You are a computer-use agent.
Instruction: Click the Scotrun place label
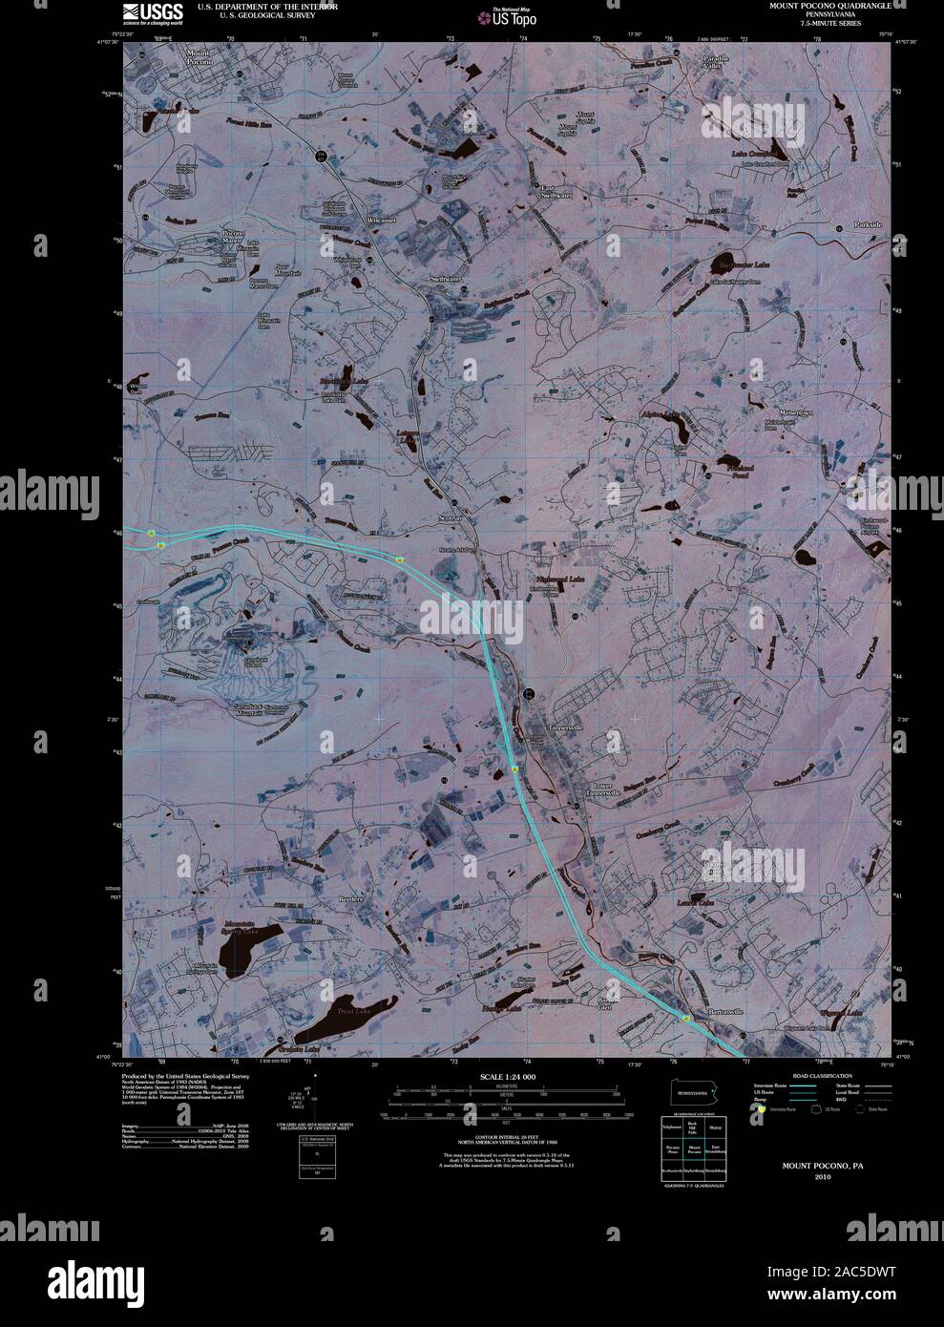pos(450,517)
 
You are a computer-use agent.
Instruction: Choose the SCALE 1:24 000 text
pos(507,1077)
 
